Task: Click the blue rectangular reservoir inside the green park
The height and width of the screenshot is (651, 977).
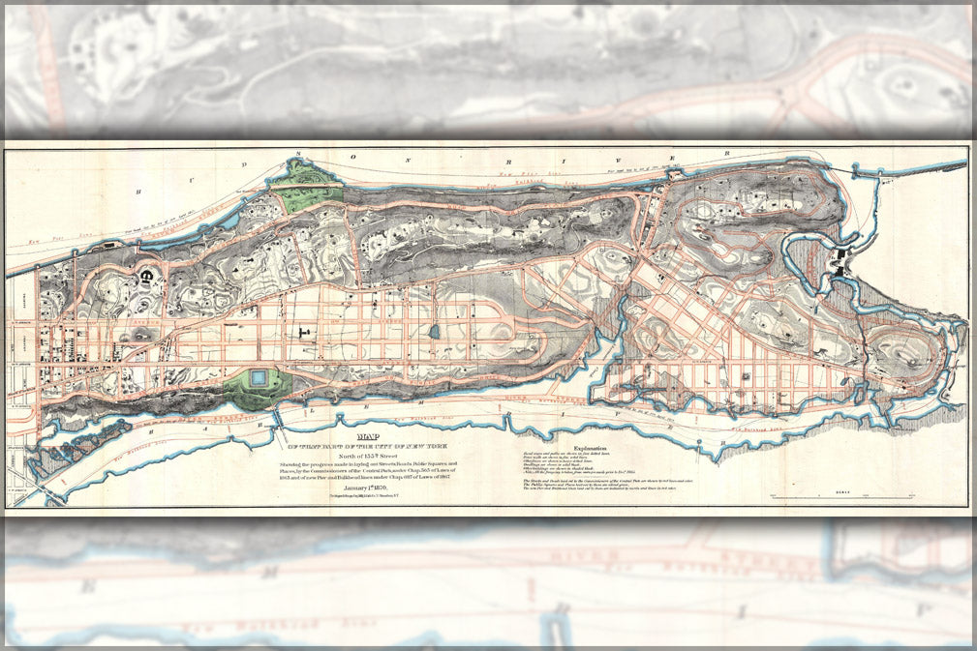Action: [260, 379]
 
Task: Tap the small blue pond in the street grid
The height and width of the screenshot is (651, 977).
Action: [434, 332]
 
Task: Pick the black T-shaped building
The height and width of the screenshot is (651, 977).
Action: [305, 333]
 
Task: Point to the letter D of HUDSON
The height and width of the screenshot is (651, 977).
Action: [244, 165]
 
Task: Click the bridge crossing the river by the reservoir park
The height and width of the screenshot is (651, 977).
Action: [278, 418]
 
